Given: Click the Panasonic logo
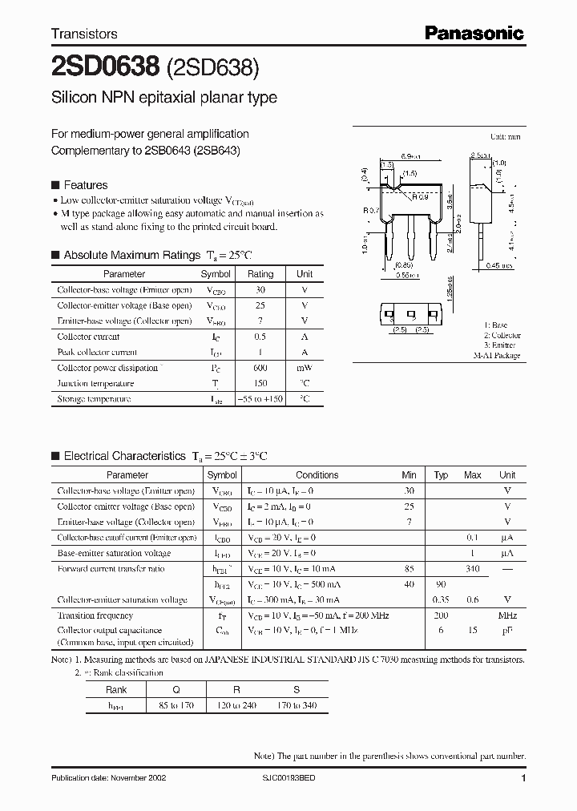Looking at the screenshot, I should tap(474, 33).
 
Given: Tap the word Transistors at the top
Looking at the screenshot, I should tap(84, 34).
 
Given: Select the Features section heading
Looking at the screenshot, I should tap(85, 184).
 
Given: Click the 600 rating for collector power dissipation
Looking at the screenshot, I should tap(260, 368).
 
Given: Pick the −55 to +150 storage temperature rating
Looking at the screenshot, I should tap(260, 399).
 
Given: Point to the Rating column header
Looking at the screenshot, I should tap(260, 274).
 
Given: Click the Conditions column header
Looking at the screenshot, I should tap(317, 475).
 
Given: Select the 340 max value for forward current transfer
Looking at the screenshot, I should tap(472, 569).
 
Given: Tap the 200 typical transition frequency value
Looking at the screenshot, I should tap(441, 615).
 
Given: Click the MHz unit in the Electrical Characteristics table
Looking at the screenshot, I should tap(506, 615).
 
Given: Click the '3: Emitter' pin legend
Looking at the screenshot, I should tap(501, 345).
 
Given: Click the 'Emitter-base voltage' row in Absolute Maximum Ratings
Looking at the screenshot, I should tap(124, 321).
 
